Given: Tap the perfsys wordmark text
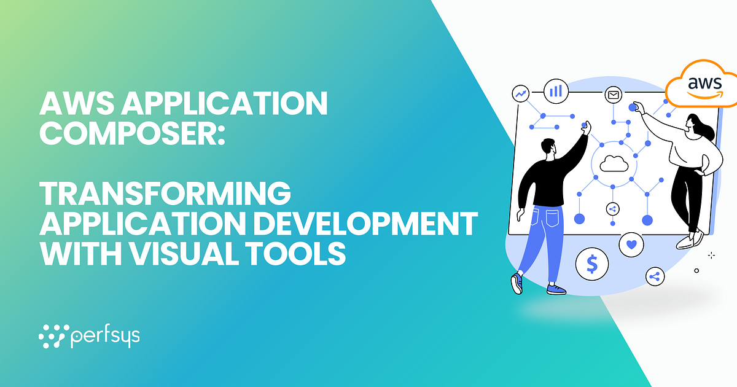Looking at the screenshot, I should (x=105, y=337).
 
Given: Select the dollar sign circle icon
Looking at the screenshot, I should (x=592, y=264).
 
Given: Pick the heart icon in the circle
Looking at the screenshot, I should (x=631, y=244).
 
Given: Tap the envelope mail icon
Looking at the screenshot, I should (x=612, y=95).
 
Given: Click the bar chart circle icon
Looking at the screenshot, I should (x=556, y=91).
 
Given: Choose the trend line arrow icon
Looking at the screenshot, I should (x=521, y=94).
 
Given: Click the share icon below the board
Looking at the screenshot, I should (x=655, y=276).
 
